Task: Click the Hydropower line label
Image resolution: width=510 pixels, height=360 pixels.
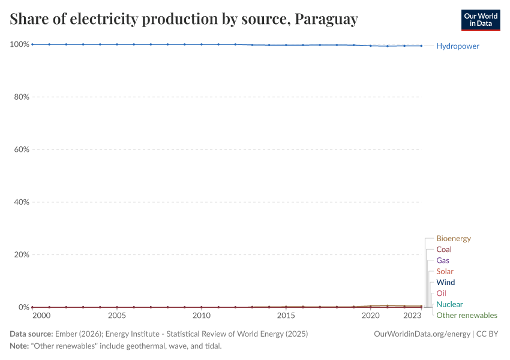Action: [458, 46]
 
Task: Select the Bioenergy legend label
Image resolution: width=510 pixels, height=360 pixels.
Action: [453, 239]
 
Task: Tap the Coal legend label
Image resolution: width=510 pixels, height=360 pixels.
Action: [444, 250]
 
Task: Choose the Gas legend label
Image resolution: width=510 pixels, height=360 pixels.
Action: [443, 260]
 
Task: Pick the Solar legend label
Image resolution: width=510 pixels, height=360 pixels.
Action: [445, 271]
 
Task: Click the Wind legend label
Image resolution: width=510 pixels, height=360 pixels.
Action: [445, 282]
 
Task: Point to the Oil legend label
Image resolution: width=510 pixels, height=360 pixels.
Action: [441, 293]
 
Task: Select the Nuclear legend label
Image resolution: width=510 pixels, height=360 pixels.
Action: [449, 304]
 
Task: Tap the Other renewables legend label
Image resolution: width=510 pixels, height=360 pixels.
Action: [466, 315]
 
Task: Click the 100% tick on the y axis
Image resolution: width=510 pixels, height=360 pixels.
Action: [20, 44]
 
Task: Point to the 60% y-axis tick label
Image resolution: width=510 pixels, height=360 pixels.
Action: [22, 149]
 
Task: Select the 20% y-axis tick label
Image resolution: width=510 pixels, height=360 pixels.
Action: [22, 254]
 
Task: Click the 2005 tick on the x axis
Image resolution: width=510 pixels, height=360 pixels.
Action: [116, 316]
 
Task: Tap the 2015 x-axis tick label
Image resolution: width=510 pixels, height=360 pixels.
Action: [286, 316]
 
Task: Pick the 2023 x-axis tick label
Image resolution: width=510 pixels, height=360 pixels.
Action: [412, 316]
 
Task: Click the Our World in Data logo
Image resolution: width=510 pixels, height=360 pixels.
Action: [481, 20]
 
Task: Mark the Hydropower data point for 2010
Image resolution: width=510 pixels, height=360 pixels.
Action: [202, 44]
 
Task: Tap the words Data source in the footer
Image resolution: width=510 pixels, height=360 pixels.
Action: [30, 334]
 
